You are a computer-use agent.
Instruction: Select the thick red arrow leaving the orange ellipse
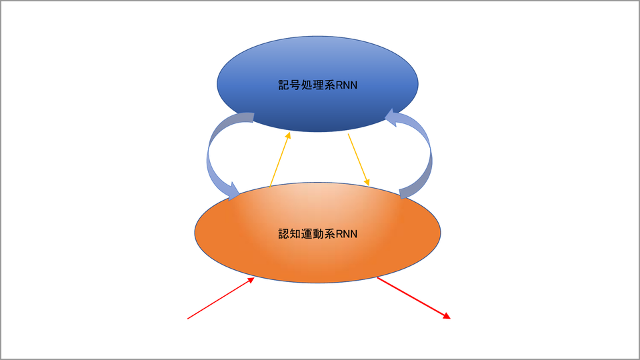point(413,297)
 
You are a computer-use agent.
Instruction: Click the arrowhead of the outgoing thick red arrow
point(447,316)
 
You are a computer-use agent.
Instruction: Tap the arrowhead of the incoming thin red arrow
point(252,281)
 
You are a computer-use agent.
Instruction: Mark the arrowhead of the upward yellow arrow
point(288,135)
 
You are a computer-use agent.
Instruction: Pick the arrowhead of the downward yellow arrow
point(367,183)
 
